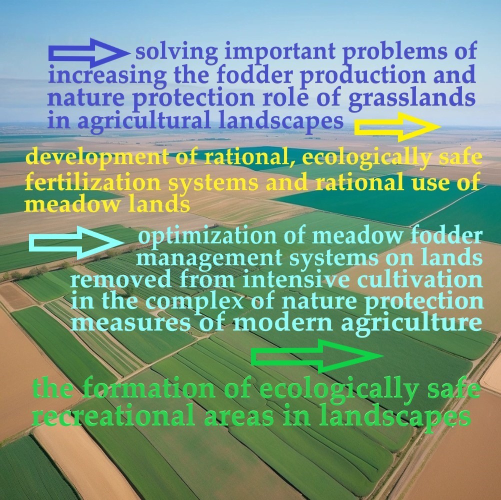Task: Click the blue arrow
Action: (x=89, y=53)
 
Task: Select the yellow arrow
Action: (x=397, y=127)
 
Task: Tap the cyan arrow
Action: (x=76, y=242)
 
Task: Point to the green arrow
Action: (x=317, y=356)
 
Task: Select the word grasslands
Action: (x=412, y=98)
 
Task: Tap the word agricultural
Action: (x=144, y=121)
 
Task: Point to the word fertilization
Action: (x=92, y=182)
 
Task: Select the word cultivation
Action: (x=420, y=279)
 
